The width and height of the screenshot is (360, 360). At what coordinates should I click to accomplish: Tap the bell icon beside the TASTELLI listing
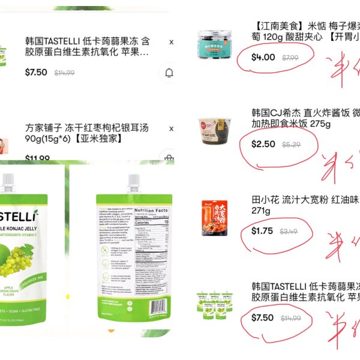(169, 73)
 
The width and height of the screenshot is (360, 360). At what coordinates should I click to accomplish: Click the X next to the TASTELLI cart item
(172, 42)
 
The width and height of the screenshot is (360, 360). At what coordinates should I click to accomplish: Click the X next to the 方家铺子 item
(172, 129)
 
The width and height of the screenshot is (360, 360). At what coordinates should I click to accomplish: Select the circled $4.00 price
(263, 58)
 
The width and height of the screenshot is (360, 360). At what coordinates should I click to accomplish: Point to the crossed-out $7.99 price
(291, 58)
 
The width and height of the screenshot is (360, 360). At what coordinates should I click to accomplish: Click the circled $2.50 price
(263, 145)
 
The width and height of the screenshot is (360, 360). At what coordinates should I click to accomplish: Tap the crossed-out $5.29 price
(291, 145)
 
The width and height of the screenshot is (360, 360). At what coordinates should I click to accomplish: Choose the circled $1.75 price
(262, 231)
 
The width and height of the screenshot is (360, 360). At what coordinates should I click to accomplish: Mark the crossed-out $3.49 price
(289, 232)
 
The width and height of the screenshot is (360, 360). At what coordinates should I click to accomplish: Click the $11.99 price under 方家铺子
(37, 159)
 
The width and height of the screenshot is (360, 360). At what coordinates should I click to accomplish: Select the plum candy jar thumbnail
(215, 44)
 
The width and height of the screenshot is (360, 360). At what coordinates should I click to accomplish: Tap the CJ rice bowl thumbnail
(215, 129)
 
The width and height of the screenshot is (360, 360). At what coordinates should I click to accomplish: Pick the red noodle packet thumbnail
(214, 216)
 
